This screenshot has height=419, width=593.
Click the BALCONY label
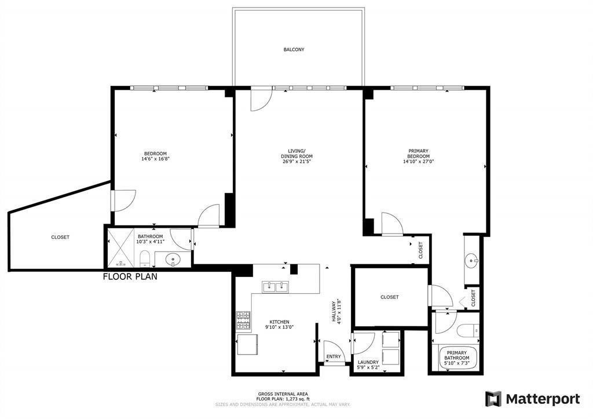[294, 50]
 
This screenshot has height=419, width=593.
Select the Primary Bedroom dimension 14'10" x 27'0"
[418, 162]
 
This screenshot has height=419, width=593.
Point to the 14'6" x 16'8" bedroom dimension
[155, 159]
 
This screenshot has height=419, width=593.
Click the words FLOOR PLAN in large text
[130, 276]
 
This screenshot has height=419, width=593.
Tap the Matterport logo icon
[493, 399]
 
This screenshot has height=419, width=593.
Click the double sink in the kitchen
[276, 286]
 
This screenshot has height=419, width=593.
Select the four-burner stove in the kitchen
[243, 318]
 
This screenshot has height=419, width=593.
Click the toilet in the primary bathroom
[467, 331]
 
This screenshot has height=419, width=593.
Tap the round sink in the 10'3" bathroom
[173, 259]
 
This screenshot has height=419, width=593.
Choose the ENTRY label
[334, 356]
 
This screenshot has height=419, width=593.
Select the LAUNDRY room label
[368, 362]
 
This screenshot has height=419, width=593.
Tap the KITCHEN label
[279, 322]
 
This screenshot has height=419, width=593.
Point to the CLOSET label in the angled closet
[60, 237]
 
